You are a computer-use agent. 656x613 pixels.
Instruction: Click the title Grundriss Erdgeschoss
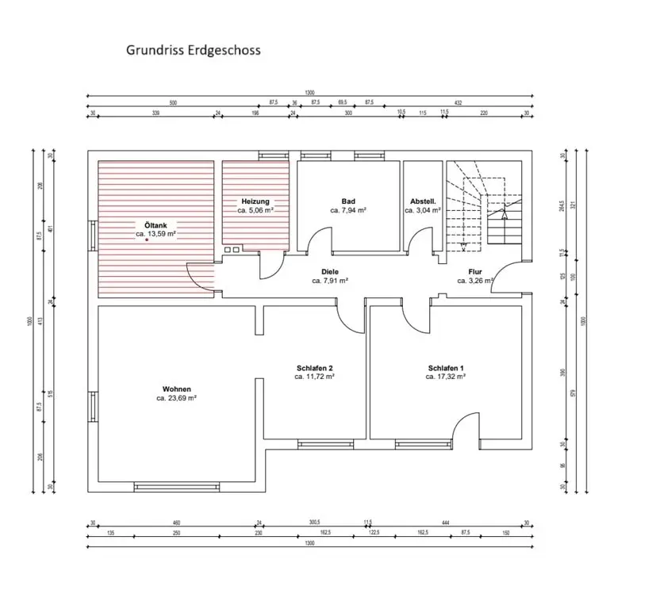(193, 50)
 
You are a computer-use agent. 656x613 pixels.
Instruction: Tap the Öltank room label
(155, 224)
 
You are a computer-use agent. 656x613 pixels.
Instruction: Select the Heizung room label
(255, 201)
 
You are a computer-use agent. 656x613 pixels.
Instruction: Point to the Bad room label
(348, 201)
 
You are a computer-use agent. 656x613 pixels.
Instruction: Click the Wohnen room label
(176, 389)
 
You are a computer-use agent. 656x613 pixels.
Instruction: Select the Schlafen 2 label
(314, 368)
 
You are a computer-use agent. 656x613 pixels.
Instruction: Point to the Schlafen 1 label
(445, 368)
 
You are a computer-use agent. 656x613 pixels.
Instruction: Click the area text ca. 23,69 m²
(176, 398)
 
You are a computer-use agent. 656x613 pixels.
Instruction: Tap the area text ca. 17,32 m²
(445, 377)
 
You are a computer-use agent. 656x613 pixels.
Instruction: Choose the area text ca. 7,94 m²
(348, 211)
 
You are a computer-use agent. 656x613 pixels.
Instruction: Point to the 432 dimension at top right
(458, 103)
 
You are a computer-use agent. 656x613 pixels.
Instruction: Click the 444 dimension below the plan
(446, 523)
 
